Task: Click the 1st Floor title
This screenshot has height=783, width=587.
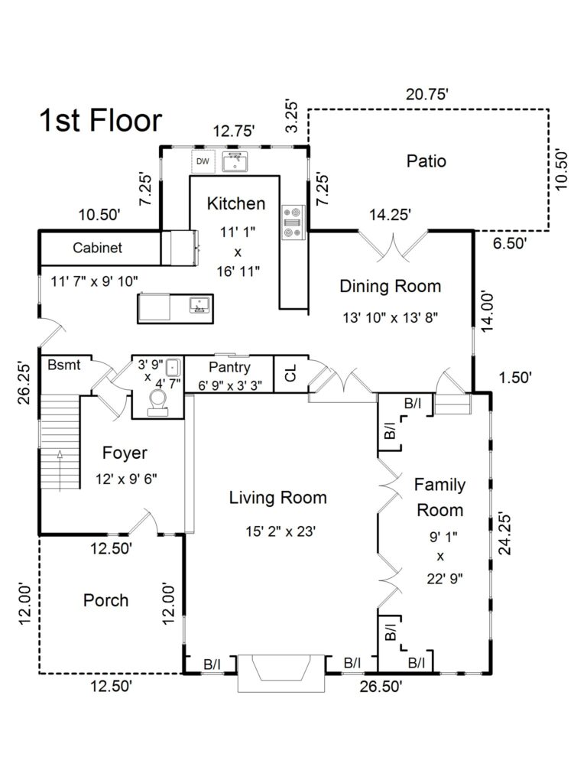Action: click(x=100, y=121)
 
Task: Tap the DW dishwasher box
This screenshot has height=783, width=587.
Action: click(x=203, y=161)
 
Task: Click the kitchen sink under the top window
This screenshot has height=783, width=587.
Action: click(x=235, y=161)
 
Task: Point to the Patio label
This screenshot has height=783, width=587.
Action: click(x=426, y=161)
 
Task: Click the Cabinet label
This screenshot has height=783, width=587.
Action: click(x=97, y=248)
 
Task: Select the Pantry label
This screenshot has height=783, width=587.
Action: click(x=229, y=367)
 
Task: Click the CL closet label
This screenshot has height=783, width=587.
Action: click(x=290, y=375)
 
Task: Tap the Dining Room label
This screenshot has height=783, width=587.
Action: click(x=390, y=286)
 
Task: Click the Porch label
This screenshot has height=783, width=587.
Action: click(x=105, y=600)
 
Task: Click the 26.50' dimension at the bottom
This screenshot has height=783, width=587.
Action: click(x=381, y=686)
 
